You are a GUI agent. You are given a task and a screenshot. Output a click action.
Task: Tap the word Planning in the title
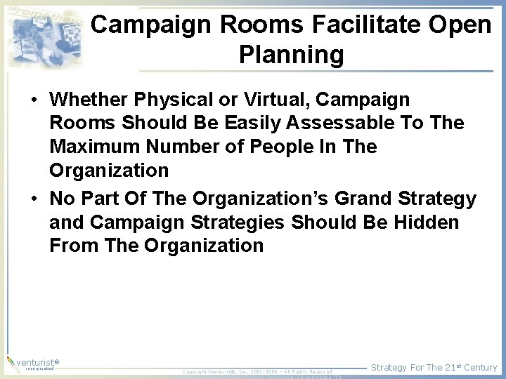tap(291, 55)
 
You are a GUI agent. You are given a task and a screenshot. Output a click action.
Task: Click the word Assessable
tap(332, 124)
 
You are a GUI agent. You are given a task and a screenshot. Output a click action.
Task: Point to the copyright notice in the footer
tap(257, 371)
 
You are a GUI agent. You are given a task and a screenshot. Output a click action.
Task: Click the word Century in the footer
tap(480, 367)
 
